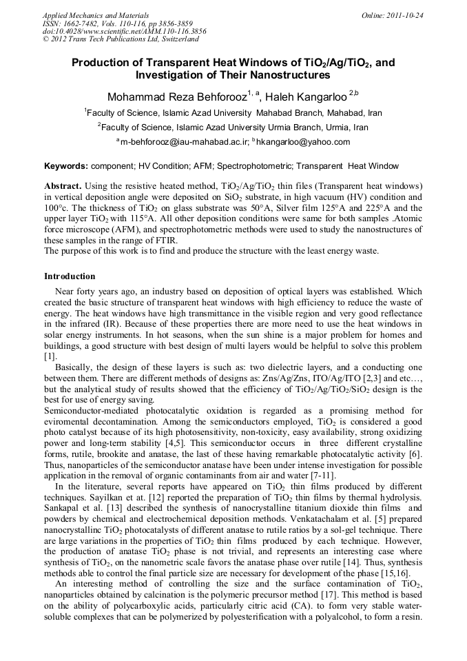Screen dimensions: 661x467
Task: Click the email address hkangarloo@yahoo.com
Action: pyautogui.click(x=303, y=142)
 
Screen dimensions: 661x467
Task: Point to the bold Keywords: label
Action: pyautogui.click(x=66, y=166)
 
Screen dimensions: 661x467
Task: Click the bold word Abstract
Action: pyautogui.click(x=63, y=187)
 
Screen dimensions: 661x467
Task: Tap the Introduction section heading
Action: pyautogui.click(x=70, y=276)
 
